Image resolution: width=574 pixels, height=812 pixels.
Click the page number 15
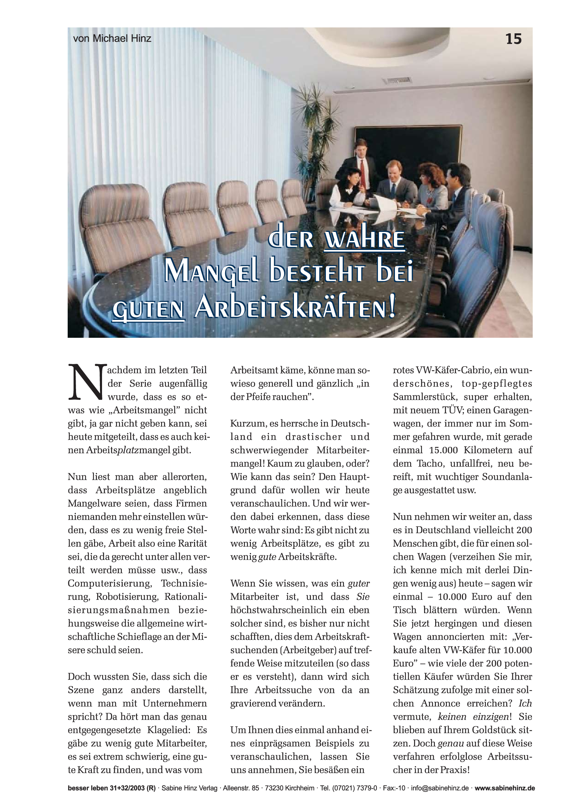[513, 39]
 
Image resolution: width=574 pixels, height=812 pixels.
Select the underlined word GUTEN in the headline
[148, 310]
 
